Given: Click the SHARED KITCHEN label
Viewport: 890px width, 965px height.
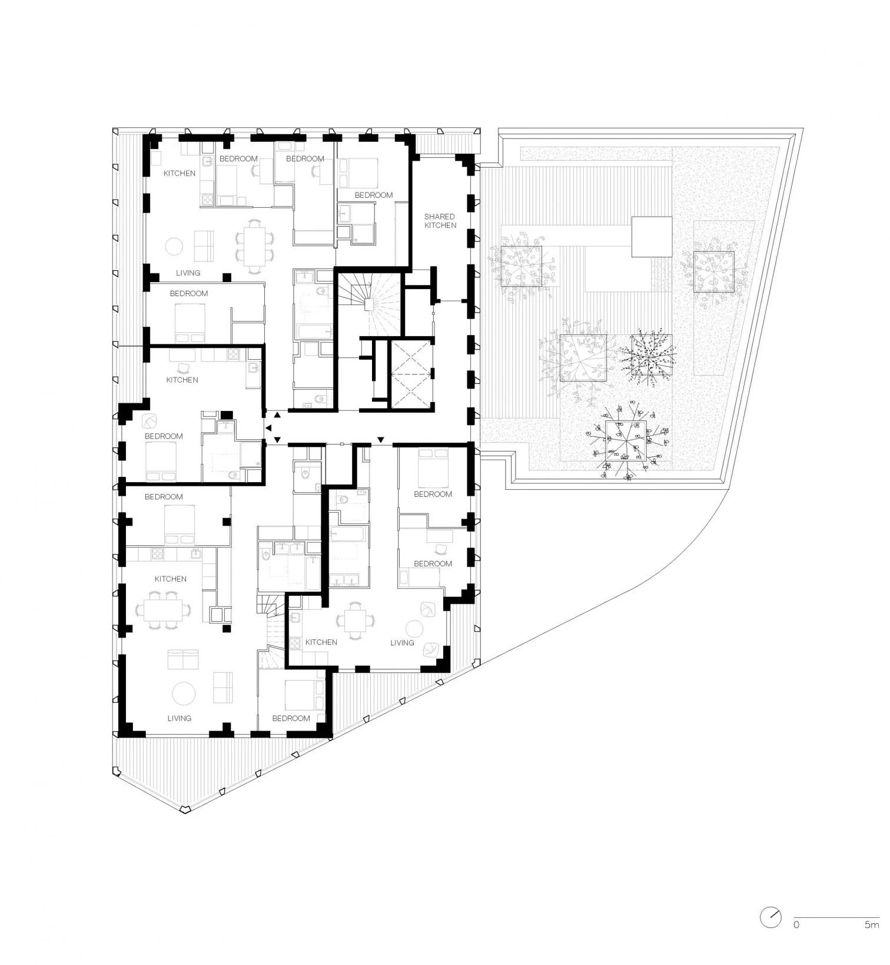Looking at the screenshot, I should [440, 221].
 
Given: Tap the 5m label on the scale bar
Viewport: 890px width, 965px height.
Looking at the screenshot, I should [871, 924].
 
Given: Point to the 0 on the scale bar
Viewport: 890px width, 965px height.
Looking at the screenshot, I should [796, 924].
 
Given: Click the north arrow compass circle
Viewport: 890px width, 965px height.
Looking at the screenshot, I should [771, 917].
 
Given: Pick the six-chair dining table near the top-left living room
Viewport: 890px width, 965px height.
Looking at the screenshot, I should [254, 246].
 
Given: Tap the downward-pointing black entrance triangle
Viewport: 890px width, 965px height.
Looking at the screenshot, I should [380, 440].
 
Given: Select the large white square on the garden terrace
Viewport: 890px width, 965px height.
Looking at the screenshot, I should [652, 237].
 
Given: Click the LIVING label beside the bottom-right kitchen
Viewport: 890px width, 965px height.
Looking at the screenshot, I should [402, 642].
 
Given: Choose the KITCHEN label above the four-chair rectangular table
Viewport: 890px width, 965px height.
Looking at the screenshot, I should [170, 579].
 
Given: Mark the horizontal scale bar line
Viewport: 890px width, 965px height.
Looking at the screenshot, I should [836, 917].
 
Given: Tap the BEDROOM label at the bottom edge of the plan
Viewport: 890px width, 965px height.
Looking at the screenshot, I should [291, 718].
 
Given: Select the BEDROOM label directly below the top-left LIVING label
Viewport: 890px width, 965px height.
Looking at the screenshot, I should [188, 293].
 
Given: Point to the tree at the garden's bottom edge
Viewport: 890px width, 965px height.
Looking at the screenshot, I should [626, 440].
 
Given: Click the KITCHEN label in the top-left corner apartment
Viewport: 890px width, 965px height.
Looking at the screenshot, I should [180, 173].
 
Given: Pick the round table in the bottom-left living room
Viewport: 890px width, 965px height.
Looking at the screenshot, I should [184, 693].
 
